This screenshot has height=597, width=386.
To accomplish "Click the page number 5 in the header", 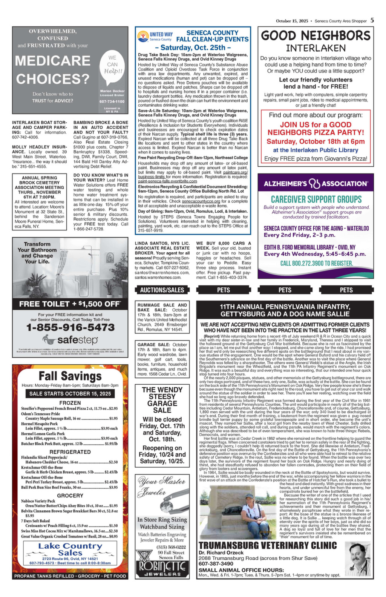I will pos(372,21).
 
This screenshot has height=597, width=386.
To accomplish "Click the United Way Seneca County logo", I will pos(155,36).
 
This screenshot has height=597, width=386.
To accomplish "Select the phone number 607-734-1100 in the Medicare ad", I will pos(112,101).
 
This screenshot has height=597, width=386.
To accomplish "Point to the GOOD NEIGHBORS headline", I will pos(316,36).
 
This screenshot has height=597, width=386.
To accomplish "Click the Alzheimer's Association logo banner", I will pos(316,184).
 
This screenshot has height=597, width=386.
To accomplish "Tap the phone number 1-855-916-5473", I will pos(70,327).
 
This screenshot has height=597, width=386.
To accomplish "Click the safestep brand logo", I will pos(70,339).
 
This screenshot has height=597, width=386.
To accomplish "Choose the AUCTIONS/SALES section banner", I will pos(162,290).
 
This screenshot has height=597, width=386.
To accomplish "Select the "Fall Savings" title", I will pos(70,376).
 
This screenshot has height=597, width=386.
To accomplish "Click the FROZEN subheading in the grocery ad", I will pos(70,403).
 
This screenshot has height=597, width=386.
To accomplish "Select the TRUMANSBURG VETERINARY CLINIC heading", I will pos(268,545).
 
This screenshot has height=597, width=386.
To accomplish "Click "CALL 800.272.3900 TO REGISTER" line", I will pos(316,263).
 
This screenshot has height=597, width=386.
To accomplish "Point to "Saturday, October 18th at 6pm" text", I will pos(316,142).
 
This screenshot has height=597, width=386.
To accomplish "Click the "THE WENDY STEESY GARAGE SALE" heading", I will pos(162,400).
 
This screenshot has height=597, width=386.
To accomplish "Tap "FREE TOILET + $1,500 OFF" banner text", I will pos(70,304).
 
